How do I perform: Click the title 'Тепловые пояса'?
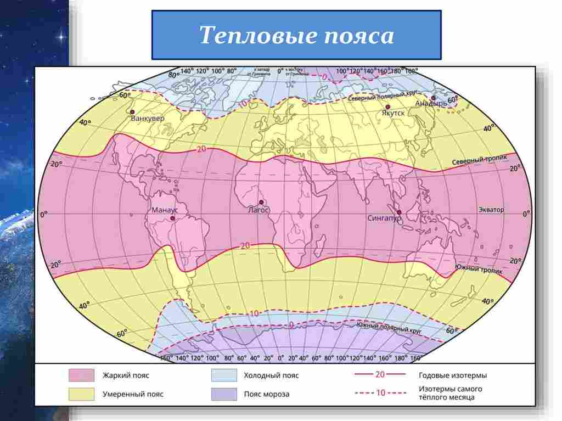[296, 36]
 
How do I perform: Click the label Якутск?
[393, 113]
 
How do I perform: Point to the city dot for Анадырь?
[434, 98]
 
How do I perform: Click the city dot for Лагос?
[261, 202]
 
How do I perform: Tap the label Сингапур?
[384, 218]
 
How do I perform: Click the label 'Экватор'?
[491, 210]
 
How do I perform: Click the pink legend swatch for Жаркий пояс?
[80, 375]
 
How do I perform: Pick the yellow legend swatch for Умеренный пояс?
[80, 394]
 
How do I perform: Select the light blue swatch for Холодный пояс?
[223, 375]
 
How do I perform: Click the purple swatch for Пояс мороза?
[223, 394]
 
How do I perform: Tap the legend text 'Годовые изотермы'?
[452, 375]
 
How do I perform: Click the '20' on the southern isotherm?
[245, 245]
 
